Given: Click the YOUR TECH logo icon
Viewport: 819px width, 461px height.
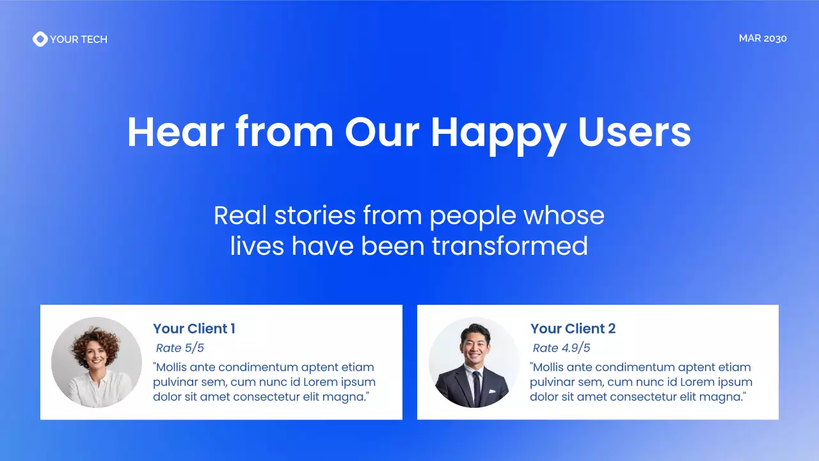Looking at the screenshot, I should (x=40, y=39).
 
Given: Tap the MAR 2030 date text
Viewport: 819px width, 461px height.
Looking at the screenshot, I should (x=762, y=38).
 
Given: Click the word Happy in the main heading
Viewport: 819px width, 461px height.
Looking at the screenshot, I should (x=498, y=133).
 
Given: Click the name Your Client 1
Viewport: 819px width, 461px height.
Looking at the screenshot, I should (x=194, y=329).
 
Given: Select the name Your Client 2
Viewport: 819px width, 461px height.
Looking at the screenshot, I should (x=573, y=329).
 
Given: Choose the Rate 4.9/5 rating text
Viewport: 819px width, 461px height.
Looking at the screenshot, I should (x=561, y=348).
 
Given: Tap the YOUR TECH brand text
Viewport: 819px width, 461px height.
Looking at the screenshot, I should (x=79, y=39).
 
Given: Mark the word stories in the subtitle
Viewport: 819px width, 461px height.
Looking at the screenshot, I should (x=314, y=215).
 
